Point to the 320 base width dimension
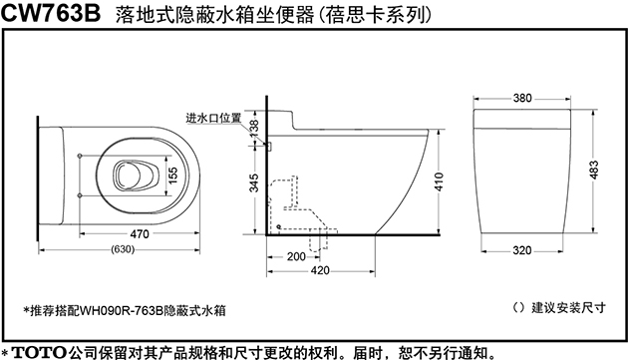click(x=522, y=250)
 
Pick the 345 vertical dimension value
click(x=254, y=183)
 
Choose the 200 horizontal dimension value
click(x=295, y=255)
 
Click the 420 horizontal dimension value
click(x=321, y=270)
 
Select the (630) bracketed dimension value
click(x=123, y=248)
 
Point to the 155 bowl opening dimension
click(x=172, y=173)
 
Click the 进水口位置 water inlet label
click(x=213, y=118)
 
